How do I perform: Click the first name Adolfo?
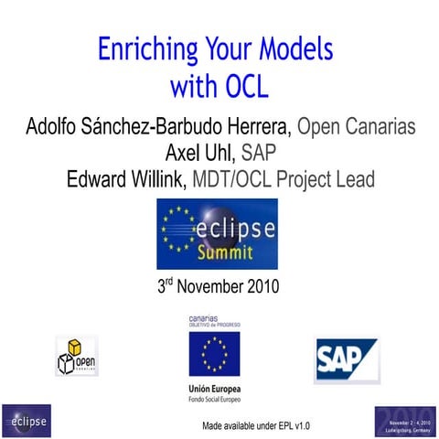click(56, 125)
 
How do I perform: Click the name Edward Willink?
click(126, 179)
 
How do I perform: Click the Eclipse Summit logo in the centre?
click(217, 234)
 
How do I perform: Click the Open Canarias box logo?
click(77, 357)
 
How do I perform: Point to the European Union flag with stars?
click(216, 355)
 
